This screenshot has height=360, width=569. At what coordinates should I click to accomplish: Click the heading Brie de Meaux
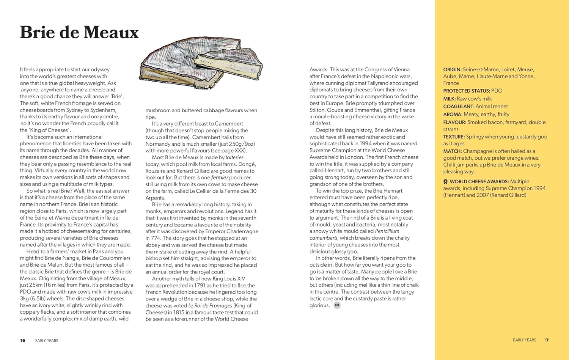79,32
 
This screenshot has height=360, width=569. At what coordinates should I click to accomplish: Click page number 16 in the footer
23,341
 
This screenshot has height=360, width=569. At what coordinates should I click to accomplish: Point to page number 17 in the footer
547,340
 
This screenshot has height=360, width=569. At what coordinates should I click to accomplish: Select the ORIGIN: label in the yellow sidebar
452,70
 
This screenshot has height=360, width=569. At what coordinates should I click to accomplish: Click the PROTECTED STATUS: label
467,91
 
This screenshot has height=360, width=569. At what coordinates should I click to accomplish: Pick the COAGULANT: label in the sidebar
459,107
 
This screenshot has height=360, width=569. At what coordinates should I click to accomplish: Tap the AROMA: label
453,115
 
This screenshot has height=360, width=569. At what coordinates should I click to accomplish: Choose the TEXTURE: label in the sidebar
454,137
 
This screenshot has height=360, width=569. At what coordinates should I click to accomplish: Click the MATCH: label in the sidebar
453,151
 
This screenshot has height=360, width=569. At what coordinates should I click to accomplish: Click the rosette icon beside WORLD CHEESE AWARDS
446,182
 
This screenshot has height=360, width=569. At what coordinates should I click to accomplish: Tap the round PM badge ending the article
337,305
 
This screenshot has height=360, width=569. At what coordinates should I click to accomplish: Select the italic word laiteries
234,157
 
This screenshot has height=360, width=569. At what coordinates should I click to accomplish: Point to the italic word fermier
220,178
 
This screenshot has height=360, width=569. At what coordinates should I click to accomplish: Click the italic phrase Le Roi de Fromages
210,306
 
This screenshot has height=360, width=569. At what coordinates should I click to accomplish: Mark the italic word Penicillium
387,231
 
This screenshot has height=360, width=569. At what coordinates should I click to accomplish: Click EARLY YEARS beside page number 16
47,341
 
